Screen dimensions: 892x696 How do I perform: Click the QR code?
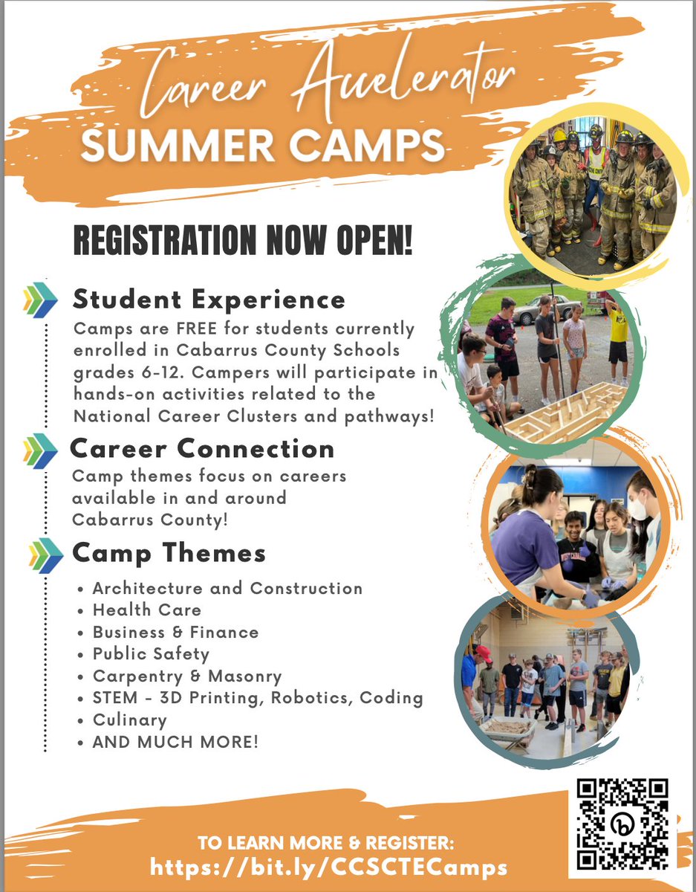tap(623, 824)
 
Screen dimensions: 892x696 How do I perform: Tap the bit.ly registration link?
tap(329, 867)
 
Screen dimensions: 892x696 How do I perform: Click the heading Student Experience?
tap(209, 300)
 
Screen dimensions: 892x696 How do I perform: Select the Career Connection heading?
tap(202, 449)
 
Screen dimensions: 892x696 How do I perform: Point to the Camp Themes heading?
tap(169, 554)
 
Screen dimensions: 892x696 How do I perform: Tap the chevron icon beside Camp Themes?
tap(45, 555)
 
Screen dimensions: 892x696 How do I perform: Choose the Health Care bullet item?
tap(146, 610)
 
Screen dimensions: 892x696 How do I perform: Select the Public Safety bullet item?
tap(151, 654)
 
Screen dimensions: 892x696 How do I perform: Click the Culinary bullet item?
tap(129, 720)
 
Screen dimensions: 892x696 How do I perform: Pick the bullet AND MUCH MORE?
tap(175, 742)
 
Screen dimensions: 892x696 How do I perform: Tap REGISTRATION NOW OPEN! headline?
tap(242, 242)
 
